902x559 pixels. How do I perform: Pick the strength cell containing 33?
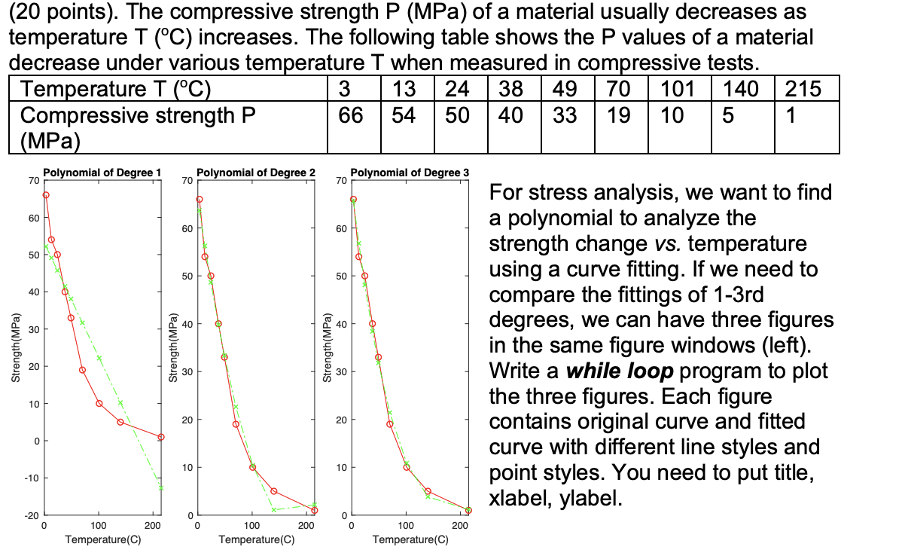565,115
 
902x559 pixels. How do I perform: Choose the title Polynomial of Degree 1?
102,173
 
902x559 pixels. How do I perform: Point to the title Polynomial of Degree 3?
410,173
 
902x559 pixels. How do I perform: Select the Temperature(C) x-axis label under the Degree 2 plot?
256,539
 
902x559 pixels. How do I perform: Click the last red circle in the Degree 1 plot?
161,437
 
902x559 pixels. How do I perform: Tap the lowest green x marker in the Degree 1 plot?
161,487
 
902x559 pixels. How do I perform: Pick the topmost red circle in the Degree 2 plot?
200,200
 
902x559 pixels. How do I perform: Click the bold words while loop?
622,371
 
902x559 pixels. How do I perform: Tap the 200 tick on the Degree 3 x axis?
459,524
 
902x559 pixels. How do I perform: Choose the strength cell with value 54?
404,115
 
